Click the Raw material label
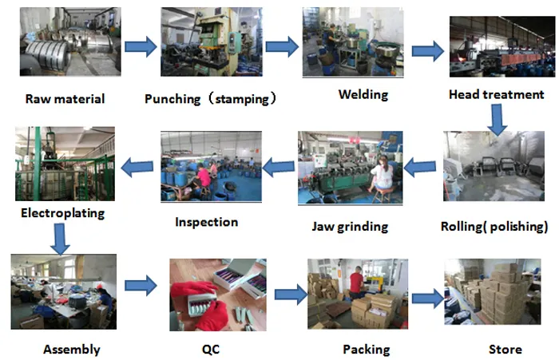[x=65, y=100]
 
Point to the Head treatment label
[x=496, y=95]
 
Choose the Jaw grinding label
[x=350, y=227]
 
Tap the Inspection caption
[x=206, y=222]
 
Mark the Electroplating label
[x=62, y=213]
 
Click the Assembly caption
[x=71, y=350]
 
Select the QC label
[x=211, y=350]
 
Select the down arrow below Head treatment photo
[x=498, y=118]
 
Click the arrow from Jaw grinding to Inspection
[x=279, y=167]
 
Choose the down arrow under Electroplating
[x=59, y=237]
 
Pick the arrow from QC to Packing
[x=291, y=294]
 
